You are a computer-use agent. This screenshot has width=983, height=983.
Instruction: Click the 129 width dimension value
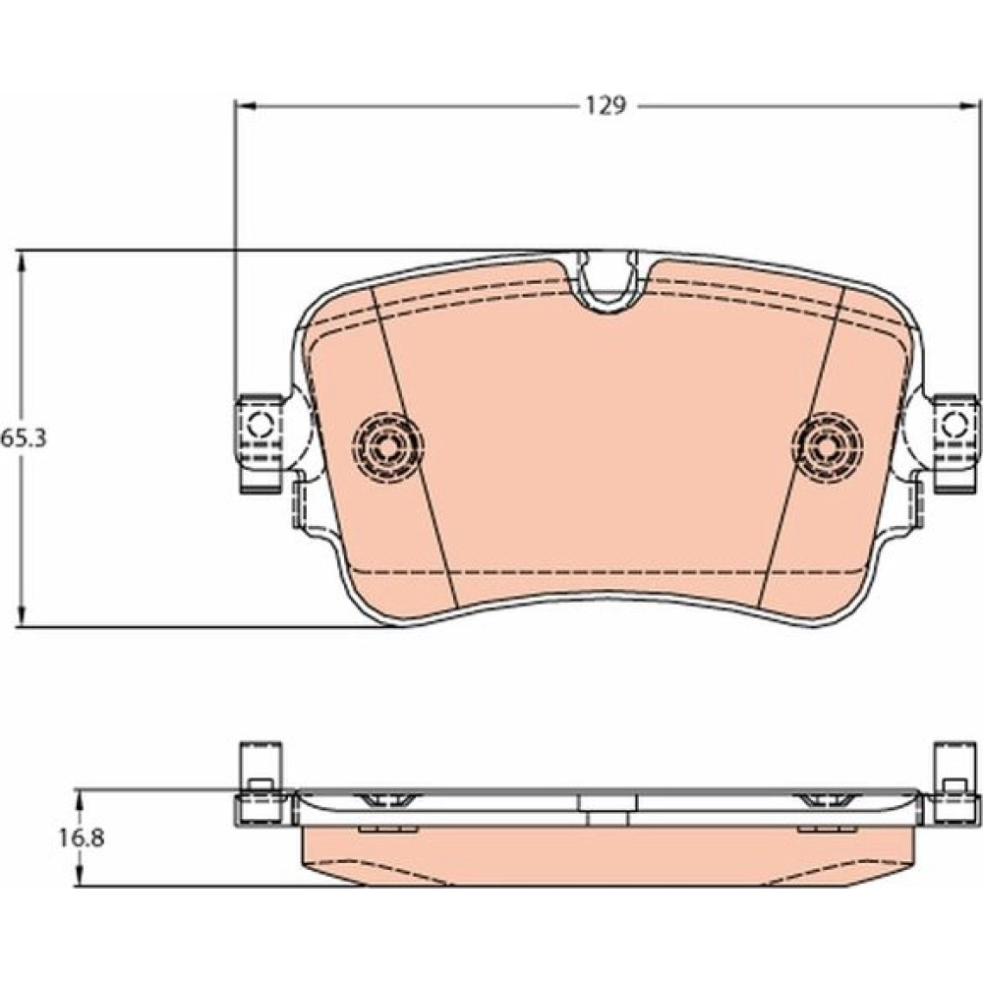tap(606, 106)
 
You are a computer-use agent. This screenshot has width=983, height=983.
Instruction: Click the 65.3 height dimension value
tap(24, 437)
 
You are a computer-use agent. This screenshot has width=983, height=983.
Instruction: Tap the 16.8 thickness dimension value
tap(83, 838)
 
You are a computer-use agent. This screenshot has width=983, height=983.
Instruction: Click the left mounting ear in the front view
tap(260, 442)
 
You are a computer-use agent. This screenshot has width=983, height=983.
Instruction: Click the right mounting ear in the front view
tap(954, 442)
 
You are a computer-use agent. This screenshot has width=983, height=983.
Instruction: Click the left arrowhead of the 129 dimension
tap(246, 106)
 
